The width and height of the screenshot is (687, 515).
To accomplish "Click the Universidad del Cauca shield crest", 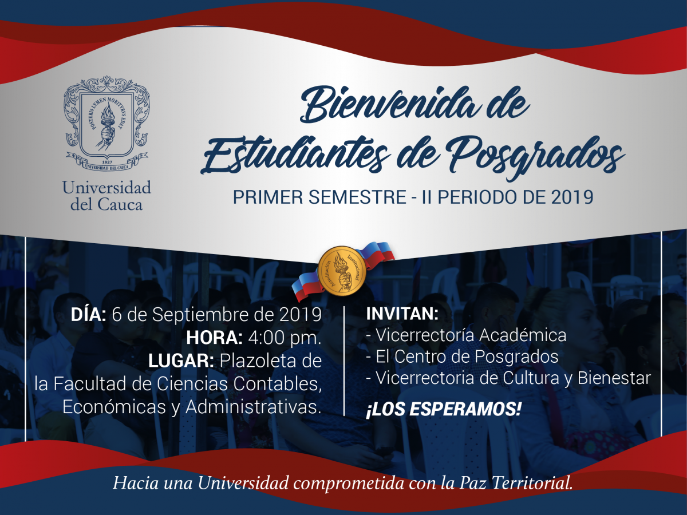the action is [106, 124].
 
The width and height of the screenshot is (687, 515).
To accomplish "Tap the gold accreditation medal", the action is [342, 271].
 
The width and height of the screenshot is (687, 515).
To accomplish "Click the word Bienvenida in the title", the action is [389, 105].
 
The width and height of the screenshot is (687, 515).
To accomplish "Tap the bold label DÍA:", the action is [89, 314].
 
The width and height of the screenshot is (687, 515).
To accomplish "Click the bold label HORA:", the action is [214, 338].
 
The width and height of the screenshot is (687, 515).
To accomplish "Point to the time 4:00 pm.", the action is [285, 338].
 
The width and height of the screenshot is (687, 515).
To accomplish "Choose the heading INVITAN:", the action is [402, 314].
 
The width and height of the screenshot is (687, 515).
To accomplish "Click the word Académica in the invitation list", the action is [523, 335].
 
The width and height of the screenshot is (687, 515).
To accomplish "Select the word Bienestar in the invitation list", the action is [614, 378].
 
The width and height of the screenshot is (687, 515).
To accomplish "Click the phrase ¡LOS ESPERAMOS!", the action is [444, 409].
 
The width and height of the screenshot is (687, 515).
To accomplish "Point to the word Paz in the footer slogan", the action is [473, 483].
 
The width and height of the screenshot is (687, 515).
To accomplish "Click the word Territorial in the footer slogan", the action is [532, 483].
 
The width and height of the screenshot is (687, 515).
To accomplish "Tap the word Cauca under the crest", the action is [120, 205].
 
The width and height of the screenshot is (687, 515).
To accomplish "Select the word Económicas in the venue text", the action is [114, 407].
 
